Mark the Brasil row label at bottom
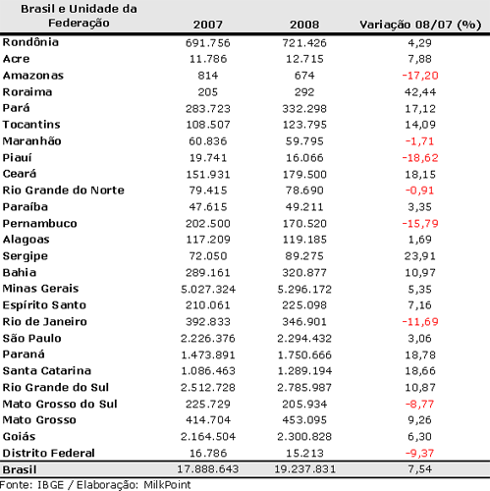21,469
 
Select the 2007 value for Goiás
207,436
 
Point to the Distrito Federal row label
49,453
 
